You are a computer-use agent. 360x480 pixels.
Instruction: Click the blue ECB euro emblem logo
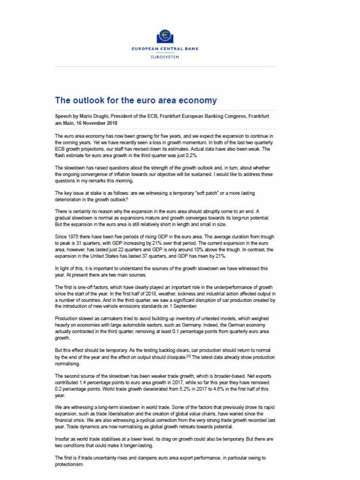(x=165, y=36)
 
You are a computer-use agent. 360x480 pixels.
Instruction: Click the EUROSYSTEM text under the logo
(x=165, y=57)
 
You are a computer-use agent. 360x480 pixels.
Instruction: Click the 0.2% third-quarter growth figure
(x=191, y=155)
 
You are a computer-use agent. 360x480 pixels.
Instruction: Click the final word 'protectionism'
(x=69, y=464)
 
